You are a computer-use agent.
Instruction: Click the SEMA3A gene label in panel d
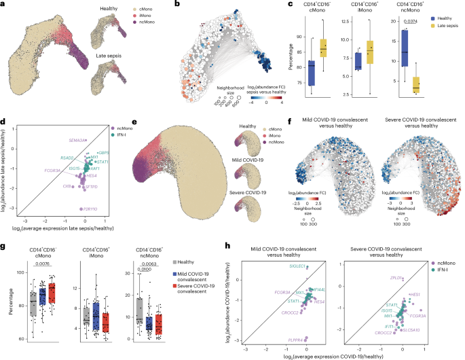(x=75, y=140)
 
